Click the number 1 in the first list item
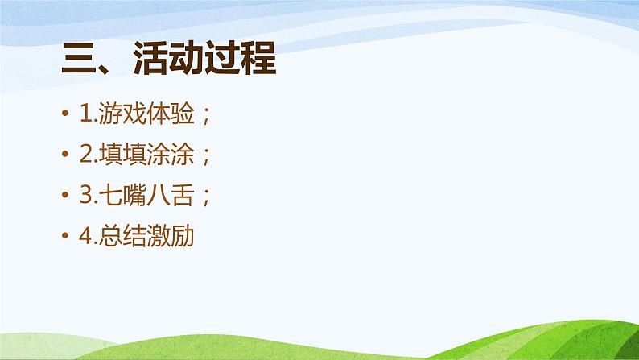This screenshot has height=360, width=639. click(x=85, y=115)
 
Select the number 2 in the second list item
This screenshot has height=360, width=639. click(x=85, y=155)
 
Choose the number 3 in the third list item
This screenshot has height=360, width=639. click(x=85, y=196)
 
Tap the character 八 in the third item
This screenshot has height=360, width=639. click(x=158, y=196)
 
